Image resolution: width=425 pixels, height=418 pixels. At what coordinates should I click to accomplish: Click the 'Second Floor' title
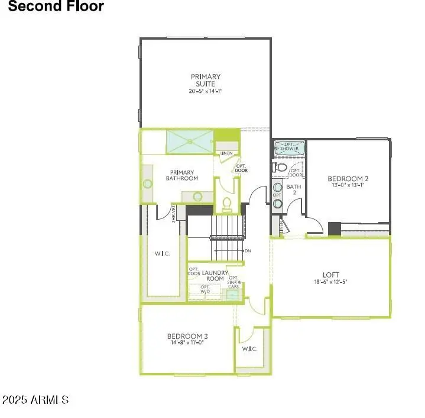(56, 7)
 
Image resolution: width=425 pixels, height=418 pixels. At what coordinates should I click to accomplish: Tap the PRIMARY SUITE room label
(206, 80)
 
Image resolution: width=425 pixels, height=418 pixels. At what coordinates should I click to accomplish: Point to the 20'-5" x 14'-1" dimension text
(206, 91)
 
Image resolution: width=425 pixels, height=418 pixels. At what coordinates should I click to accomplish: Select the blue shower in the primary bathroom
(189, 141)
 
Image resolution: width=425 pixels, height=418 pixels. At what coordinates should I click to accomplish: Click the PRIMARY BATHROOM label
(181, 175)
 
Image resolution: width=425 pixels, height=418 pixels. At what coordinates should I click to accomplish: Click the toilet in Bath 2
(281, 168)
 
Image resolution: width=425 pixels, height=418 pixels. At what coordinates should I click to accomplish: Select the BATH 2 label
(294, 189)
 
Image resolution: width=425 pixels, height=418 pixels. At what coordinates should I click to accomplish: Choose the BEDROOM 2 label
(348, 178)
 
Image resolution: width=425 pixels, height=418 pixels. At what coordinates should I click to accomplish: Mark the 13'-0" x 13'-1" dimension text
(348, 185)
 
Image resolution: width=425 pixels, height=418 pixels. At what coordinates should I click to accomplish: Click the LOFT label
(331, 275)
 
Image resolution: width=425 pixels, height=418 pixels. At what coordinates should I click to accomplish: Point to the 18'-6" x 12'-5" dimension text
(331, 282)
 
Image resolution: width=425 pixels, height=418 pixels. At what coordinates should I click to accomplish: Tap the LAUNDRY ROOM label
(213, 275)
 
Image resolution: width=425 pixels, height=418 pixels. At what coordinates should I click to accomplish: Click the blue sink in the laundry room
(232, 293)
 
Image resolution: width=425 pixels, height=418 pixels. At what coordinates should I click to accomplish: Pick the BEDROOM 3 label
(187, 336)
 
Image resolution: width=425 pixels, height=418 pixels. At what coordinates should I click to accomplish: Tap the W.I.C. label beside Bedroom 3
(249, 349)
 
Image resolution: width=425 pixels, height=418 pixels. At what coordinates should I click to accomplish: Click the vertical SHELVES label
(174, 214)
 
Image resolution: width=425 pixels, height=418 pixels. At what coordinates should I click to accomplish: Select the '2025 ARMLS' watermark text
(35, 400)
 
